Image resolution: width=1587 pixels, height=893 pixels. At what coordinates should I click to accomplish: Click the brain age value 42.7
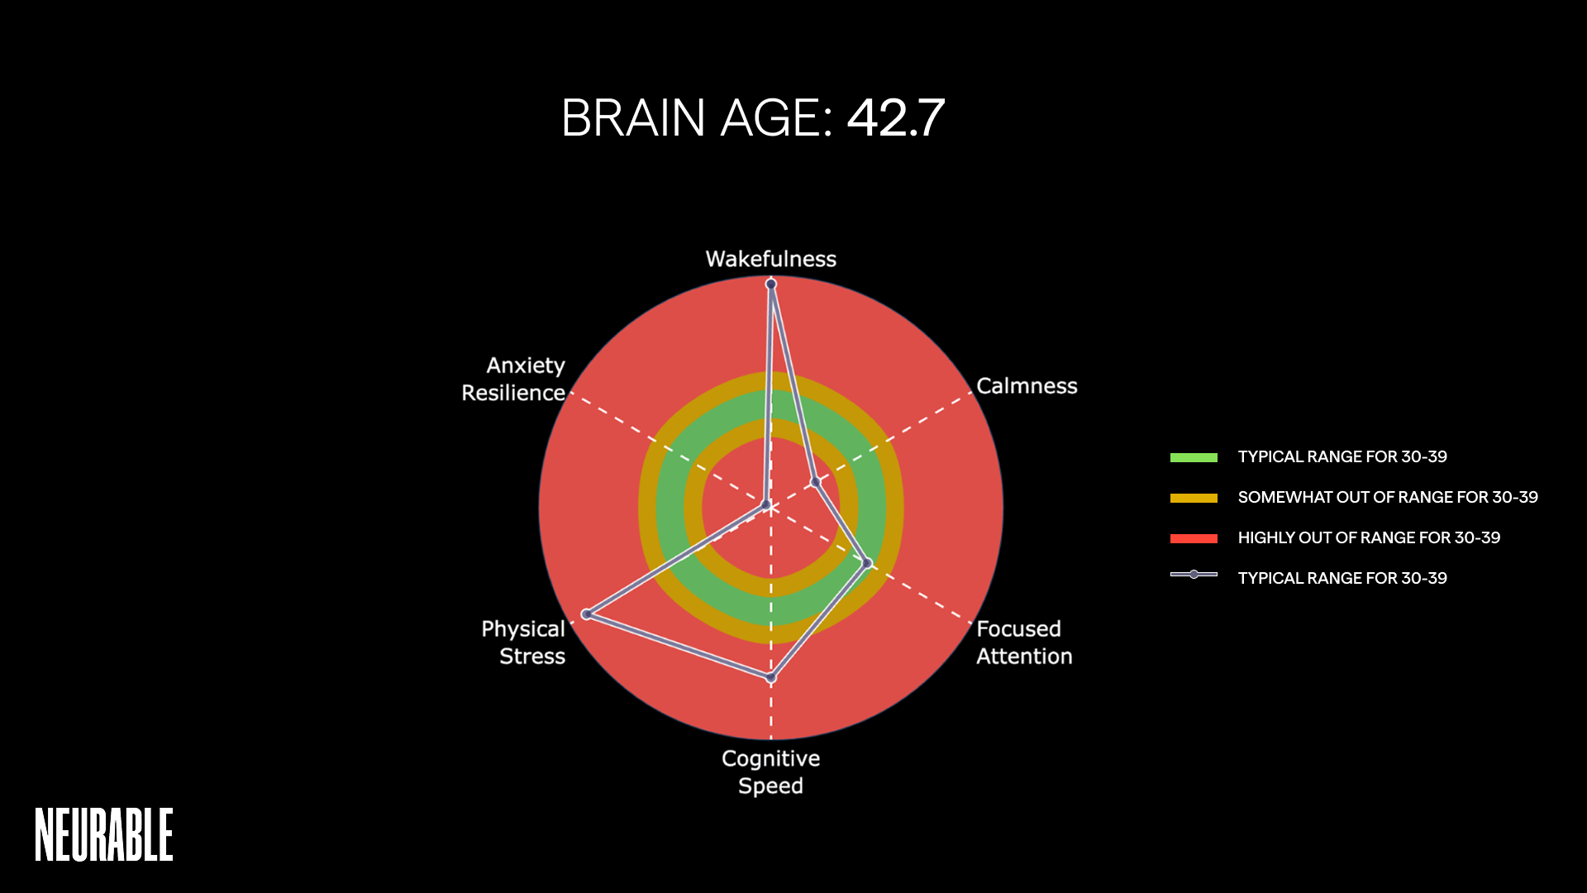pyautogui.click(x=895, y=118)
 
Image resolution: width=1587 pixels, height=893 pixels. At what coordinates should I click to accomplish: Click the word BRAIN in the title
pyautogui.click(x=633, y=118)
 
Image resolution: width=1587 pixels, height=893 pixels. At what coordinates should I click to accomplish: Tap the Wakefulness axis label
pyautogui.click(x=770, y=259)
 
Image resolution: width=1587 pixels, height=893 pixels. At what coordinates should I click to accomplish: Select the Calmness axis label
pyautogui.click(x=1027, y=386)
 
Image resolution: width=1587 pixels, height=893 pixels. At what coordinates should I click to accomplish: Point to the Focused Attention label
pyautogui.click(x=1024, y=642)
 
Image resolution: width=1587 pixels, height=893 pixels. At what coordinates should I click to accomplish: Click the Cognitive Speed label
pyautogui.click(x=770, y=771)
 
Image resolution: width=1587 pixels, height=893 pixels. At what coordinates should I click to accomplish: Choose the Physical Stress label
pyautogui.click(x=523, y=642)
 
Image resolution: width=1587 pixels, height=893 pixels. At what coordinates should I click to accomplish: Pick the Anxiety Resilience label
pyautogui.click(x=513, y=379)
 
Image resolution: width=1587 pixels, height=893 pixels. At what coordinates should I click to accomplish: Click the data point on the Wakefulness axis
pyautogui.click(x=771, y=284)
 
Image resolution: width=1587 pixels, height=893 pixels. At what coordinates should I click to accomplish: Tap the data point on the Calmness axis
pyautogui.click(x=815, y=482)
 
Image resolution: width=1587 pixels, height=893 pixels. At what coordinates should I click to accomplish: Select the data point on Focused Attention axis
pyautogui.click(x=867, y=563)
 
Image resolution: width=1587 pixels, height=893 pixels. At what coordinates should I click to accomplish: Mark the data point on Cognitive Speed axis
pyautogui.click(x=771, y=678)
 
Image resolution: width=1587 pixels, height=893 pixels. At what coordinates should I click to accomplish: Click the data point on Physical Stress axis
pyautogui.click(x=586, y=614)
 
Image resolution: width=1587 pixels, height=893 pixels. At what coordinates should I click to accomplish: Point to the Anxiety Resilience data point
pyautogui.click(x=766, y=504)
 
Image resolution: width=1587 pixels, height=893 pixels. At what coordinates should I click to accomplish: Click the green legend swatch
pyautogui.click(x=1194, y=457)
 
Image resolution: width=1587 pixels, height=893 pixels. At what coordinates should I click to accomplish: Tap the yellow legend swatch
pyautogui.click(x=1194, y=498)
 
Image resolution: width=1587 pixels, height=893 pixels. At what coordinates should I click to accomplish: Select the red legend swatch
pyautogui.click(x=1194, y=538)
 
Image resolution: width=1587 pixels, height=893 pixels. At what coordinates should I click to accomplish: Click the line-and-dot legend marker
pyautogui.click(x=1194, y=575)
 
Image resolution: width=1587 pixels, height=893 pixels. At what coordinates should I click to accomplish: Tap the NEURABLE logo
pyautogui.click(x=104, y=835)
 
